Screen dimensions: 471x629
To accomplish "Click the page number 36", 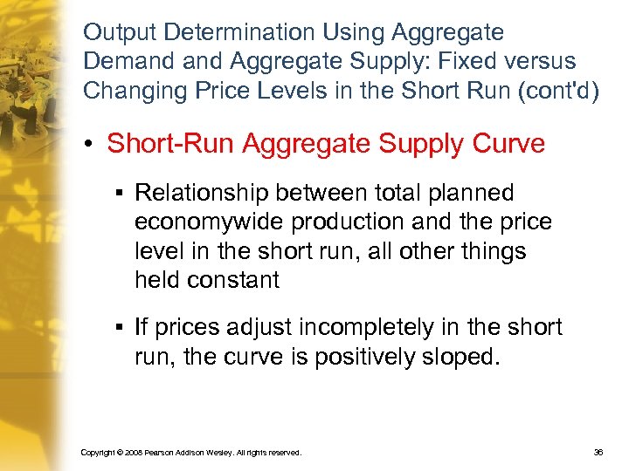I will [x=598, y=453].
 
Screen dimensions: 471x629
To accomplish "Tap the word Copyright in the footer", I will [x=98, y=454].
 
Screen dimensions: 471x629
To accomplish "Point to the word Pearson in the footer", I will [x=165, y=454].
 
